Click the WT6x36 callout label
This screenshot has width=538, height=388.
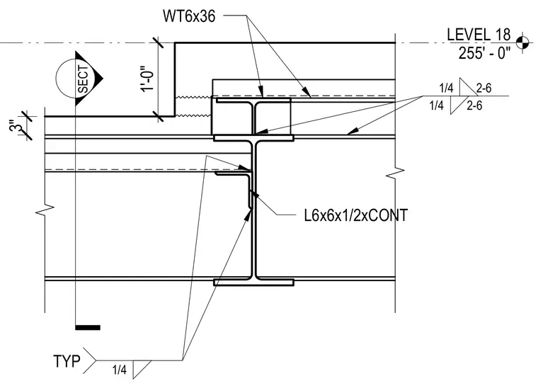click(189, 16)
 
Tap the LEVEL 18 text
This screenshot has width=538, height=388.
click(479, 35)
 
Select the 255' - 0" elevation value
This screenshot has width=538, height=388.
click(484, 53)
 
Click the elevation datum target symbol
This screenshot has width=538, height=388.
click(522, 42)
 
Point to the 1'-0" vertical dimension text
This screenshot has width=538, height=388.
click(147, 79)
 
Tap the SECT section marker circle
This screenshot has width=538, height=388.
click(73, 79)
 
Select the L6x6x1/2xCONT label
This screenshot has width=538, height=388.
click(356, 215)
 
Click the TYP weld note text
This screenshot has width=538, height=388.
click(67, 361)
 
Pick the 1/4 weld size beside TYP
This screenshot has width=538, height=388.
click(120, 370)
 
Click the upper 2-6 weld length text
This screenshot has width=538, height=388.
click(483, 89)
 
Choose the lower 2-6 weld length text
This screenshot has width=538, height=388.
click(474, 105)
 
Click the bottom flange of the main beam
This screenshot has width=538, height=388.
click(253, 283)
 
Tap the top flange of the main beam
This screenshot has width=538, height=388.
click(253, 138)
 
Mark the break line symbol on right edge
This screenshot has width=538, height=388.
click(395, 173)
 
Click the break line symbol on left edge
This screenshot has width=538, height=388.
click(45, 210)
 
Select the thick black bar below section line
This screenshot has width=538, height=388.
click(88, 327)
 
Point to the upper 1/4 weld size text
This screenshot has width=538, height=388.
click(447, 89)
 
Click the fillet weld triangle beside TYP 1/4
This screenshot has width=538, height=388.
click(140, 367)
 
